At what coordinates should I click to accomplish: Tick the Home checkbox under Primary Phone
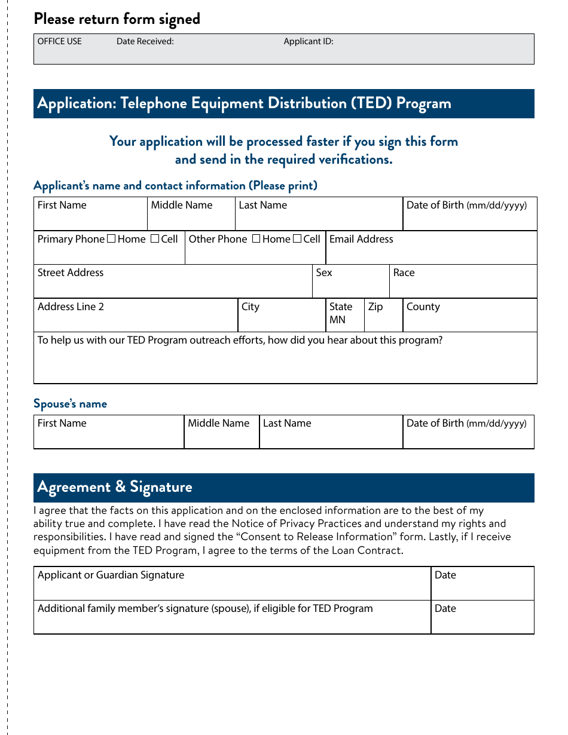coord(111,239)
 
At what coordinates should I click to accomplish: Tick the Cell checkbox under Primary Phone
coord(155,239)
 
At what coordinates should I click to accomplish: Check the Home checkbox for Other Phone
coord(256,239)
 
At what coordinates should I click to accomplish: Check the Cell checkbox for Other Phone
coord(297,239)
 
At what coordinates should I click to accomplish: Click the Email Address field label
coord(361,239)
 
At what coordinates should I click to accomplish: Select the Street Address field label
coord(71,272)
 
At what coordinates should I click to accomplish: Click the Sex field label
coord(324,272)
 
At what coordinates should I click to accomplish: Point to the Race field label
coord(404,272)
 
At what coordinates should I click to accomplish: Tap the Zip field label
coord(375,307)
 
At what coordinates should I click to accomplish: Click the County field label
coord(423,307)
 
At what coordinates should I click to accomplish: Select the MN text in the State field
coord(337,320)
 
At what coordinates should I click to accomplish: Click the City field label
coord(251,307)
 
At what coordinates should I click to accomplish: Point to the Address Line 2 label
coord(71,307)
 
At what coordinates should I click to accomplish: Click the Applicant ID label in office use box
coord(309,41)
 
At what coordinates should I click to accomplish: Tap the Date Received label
coord(145,41)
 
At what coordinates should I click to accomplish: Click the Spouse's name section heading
coord(70,404)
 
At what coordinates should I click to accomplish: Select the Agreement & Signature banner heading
coord(115,487)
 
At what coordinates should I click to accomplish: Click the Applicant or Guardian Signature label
coord(111,575)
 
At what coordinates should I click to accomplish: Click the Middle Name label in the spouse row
coord(218,423)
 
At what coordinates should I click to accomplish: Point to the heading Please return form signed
coord(117,19)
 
